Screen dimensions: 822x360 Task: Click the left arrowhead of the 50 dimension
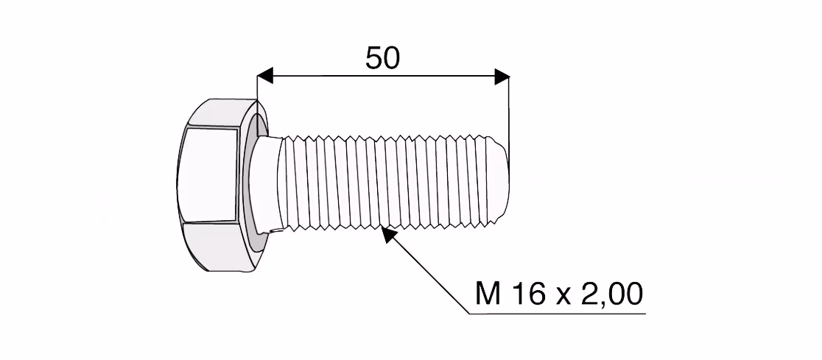click(x=265, y=76)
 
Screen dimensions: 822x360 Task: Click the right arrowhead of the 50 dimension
click(x=502, y=77)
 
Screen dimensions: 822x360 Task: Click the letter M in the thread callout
click(x=488, y=294)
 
